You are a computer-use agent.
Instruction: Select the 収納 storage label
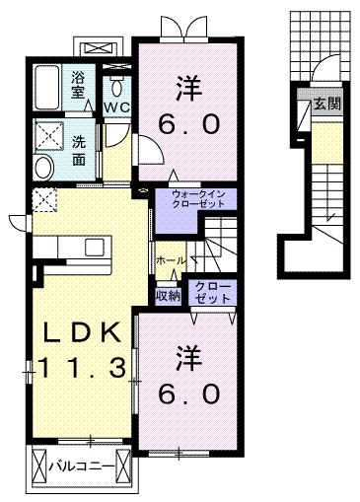[167, 295]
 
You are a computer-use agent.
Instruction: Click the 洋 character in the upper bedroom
[188, 88]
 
